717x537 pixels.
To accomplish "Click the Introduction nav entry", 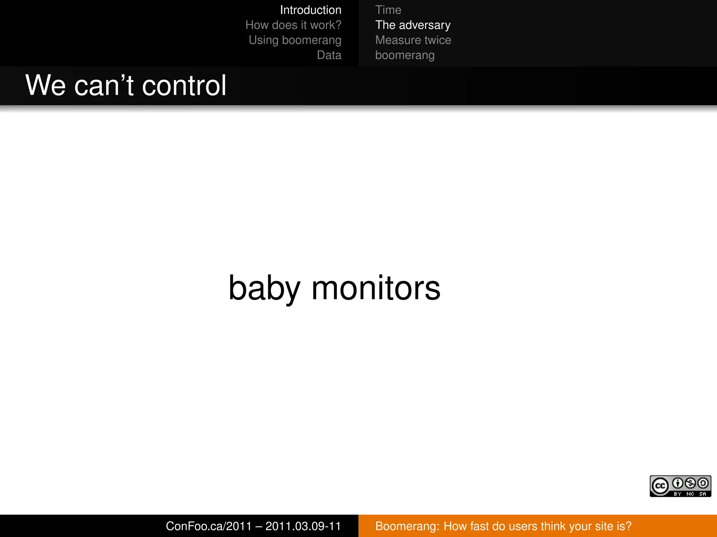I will click(x=310, y=10).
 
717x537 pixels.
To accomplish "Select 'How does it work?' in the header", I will click(x=293, y=25).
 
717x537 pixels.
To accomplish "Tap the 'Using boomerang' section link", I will click(x=295, y=40).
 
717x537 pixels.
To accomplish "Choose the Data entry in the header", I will click(x=329, y=55).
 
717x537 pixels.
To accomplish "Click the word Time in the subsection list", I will click(x=388, y=10).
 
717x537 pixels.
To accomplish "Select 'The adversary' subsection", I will click(x=412, y=25).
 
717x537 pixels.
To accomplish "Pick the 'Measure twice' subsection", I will click(x=413, y=40).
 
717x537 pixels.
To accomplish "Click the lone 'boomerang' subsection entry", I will click(x=405, y=55).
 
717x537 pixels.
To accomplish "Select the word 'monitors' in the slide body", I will click(x=376, y=288).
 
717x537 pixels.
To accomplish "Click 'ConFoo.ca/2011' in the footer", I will click(x=209, y=526).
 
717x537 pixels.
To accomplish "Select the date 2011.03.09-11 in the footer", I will click(x=303, y=526).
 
